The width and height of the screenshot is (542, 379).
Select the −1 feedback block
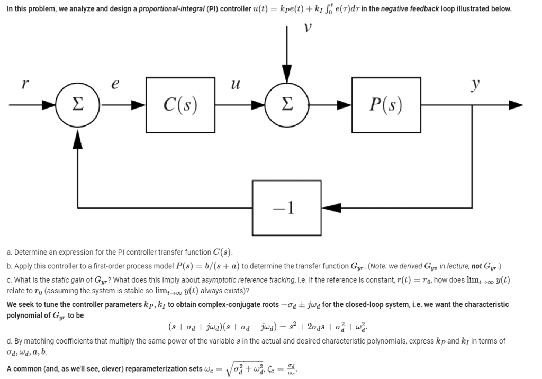click(x=286, y=205)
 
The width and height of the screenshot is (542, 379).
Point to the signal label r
click(x=24, y=83)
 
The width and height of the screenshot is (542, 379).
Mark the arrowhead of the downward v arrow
click(x=286, y=74)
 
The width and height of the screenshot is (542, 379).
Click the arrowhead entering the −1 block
click(x=327, y=205)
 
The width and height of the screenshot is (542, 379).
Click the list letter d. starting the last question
click(x=10, y=341)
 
